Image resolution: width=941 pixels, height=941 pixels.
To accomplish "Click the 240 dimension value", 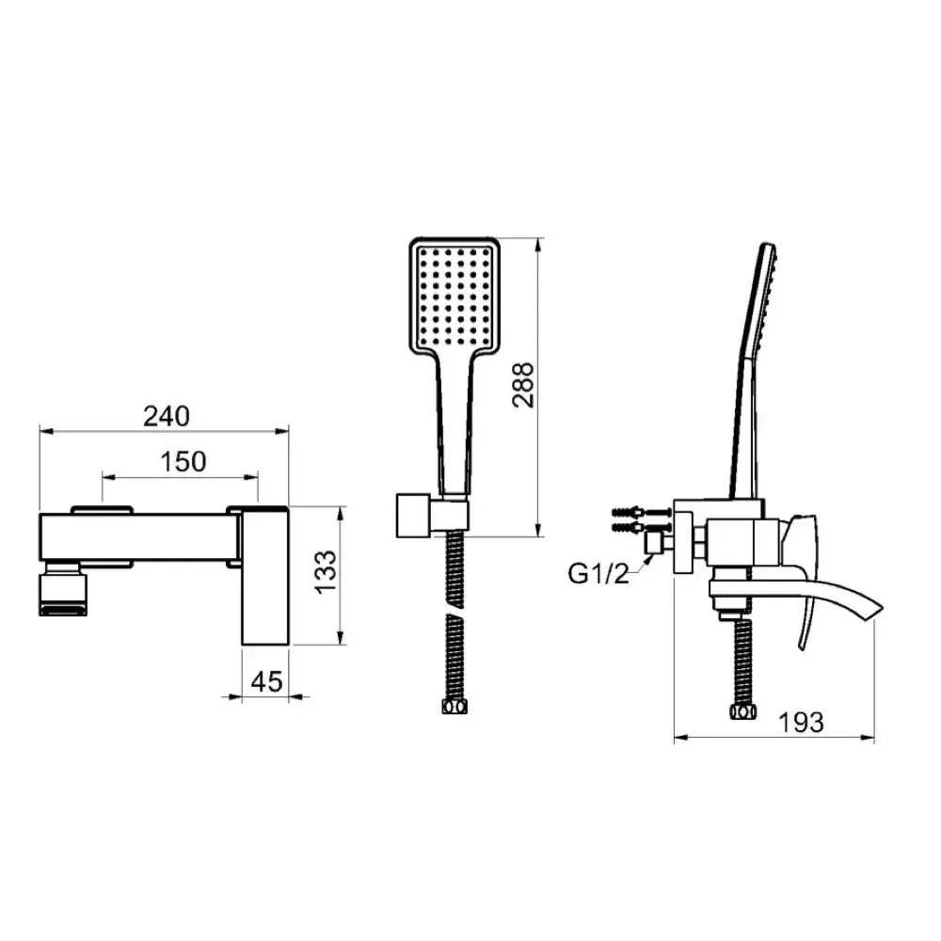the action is coord(167,416).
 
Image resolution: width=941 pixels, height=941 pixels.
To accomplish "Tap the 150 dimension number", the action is coord(183,461).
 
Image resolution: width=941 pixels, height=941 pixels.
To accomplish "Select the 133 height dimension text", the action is coord(326,572).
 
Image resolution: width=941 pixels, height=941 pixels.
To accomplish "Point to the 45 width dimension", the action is coord(266,681).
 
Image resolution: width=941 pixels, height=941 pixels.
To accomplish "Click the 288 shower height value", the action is coord(522,385).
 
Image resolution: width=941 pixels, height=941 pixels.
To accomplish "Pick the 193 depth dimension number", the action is coord(801,722).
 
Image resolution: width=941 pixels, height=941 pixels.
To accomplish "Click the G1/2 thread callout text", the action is coord(598,574).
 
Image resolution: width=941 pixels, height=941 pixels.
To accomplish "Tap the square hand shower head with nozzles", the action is coord(455,295).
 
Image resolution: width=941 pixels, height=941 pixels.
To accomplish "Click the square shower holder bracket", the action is coord(413,516).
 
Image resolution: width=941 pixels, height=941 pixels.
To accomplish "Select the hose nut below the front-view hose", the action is coord(455,707).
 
